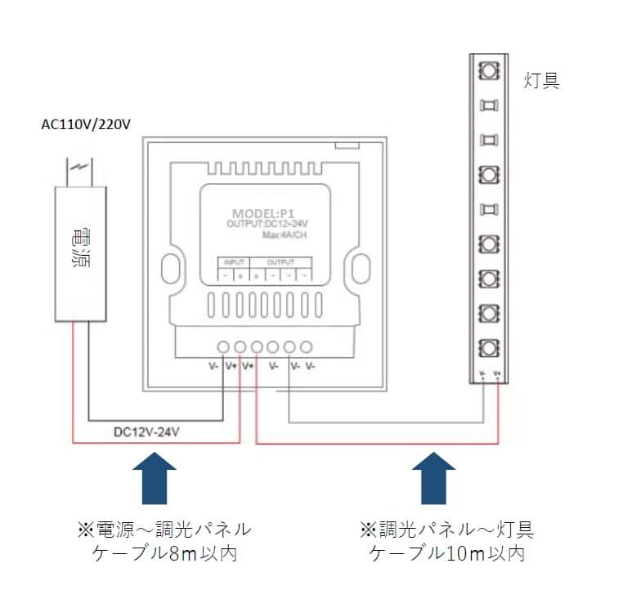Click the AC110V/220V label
tap(86, 124)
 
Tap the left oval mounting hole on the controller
tap(170, 268)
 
